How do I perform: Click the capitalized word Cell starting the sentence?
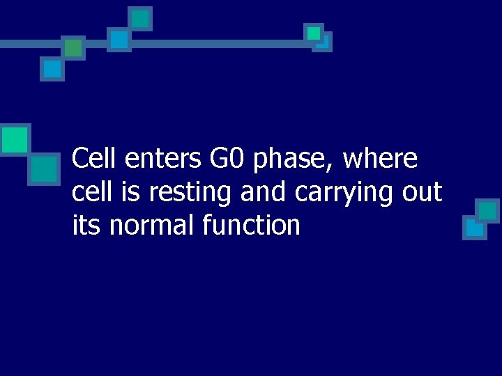tap(96, 159)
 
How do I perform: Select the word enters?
tap(163, 159)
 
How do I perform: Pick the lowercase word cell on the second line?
tap(91, 192)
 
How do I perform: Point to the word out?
tap(422, 193)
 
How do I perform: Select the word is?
tap(129, 192)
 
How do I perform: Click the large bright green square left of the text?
tap(15, 139)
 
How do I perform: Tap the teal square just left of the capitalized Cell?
tap(44, 168)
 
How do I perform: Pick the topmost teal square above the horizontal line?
tap(141, 19)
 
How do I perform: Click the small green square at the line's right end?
tap(314, 33)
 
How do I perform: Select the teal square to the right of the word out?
tap(487, 210)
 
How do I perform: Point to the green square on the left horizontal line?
tap(73, 47)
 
